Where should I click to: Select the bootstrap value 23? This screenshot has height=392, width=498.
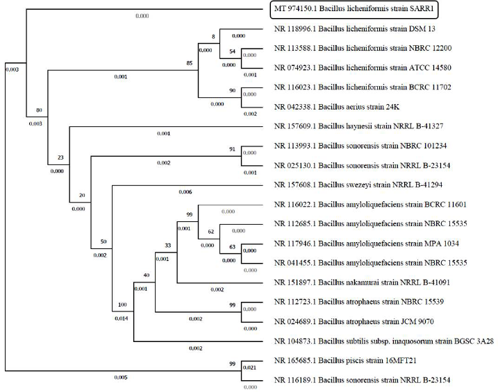[x=60, y=157]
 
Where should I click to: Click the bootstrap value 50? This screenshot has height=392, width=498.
[x=103, y=241]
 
